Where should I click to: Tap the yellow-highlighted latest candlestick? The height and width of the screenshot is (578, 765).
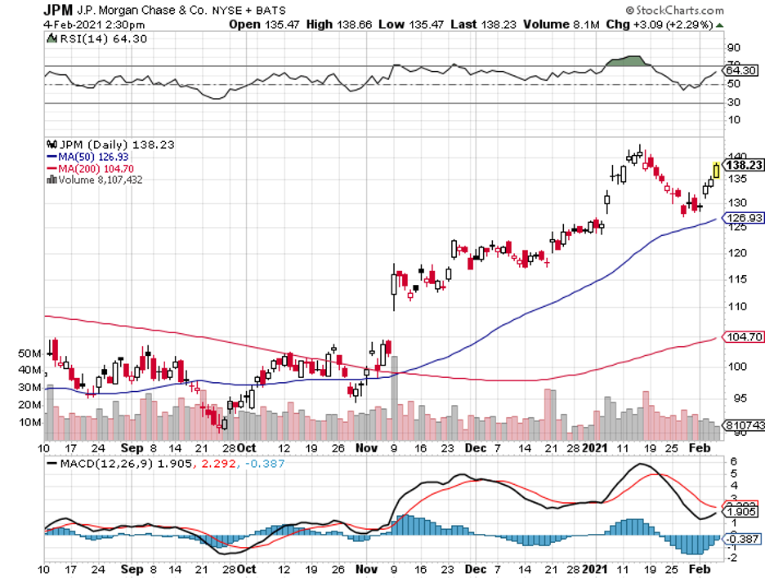(717, 170)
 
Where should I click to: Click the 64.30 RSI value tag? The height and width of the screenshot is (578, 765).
(741, 71)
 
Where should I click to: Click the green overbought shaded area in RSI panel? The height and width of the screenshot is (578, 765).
(627, 61)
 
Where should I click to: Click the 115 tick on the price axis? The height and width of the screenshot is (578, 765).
(737, 279)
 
